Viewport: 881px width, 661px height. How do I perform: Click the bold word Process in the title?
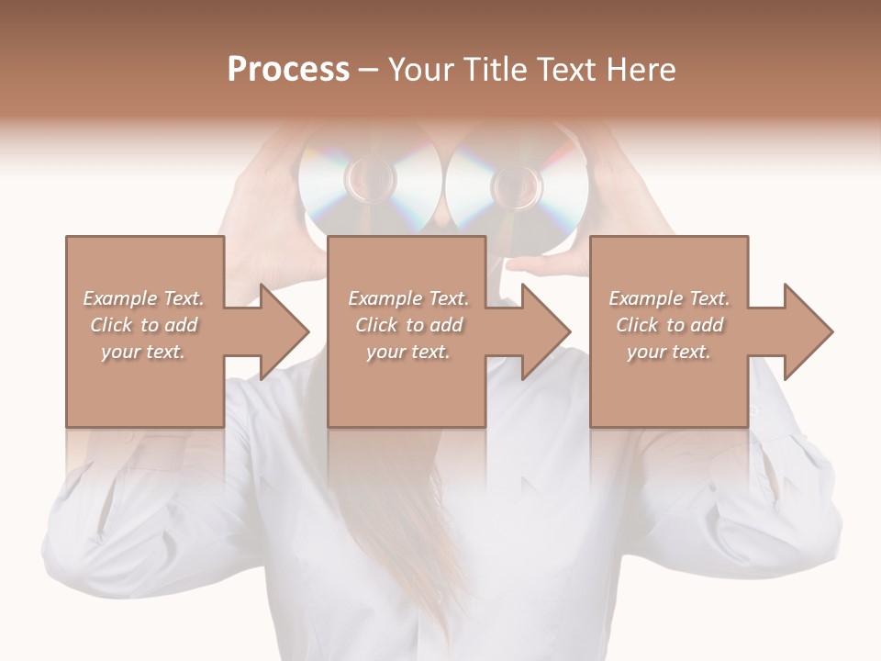(x=288, y=70)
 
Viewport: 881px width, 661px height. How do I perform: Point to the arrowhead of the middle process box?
(x=544, y=331)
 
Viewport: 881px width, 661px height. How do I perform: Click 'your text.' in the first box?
(x=143, y=352)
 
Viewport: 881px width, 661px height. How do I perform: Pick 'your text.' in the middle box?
(x=408, y=352)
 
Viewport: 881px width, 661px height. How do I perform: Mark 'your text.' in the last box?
(x=669, y=352)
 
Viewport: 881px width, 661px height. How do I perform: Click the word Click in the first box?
(x=110, y=325)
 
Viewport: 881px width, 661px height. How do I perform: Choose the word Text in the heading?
(x=563, y=70)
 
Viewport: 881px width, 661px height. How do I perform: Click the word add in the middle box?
(x=446, y=325)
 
